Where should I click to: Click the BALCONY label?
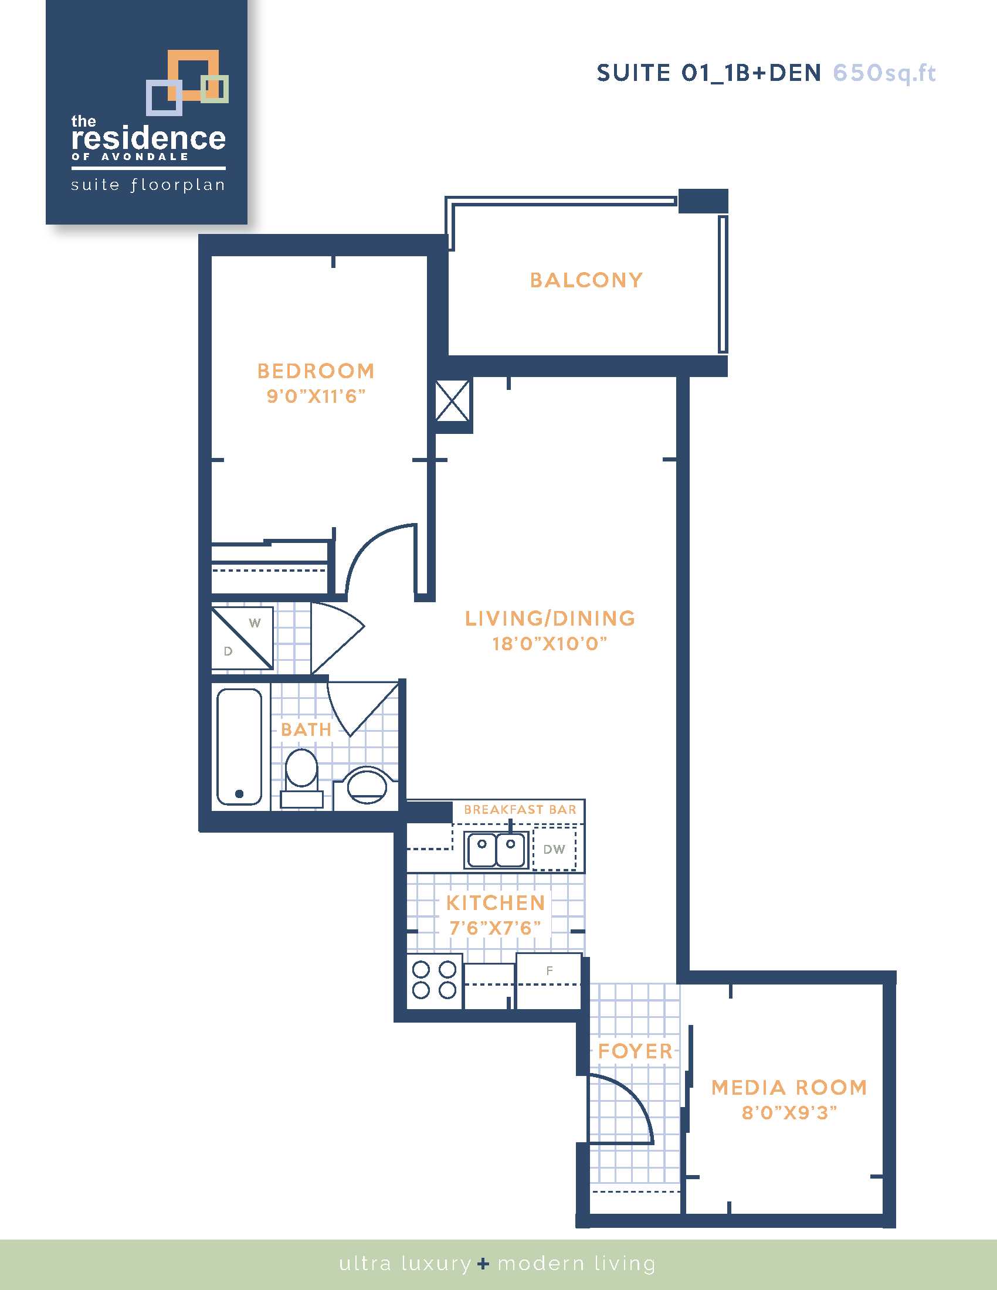point(586,280)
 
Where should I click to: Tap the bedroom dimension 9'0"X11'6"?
point(316,396)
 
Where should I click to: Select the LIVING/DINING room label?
point(550,618)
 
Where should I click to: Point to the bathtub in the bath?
point(239,747)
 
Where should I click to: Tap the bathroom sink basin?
point(367,786)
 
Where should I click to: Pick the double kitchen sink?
point(496,850)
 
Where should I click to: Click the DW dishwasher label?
point(554,850)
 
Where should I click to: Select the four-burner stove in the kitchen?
point(434,980)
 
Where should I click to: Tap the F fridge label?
point(550,970)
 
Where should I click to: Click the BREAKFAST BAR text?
point(520,809)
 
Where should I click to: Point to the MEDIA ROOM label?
point(789,1087)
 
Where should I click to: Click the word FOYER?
point(636,1051)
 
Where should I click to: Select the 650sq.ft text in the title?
point(884,73)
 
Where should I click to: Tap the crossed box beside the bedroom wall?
point(452,400)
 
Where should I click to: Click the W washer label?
point(255,623)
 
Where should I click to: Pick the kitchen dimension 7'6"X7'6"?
point(495,928)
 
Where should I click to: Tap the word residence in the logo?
point(148,138)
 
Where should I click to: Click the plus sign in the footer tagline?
point(484,1264)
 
